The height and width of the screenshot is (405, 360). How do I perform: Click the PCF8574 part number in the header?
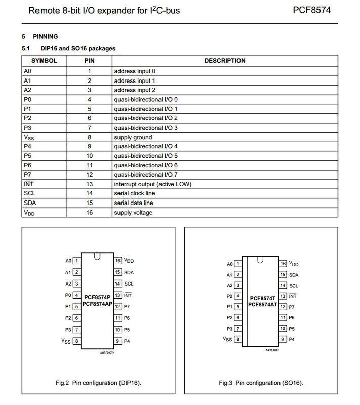point(311,10)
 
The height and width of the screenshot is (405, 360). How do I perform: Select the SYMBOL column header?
point(44,61)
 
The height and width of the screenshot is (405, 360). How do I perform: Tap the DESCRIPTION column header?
point(224,61)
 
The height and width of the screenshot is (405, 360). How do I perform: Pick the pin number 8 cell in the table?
point(89,137)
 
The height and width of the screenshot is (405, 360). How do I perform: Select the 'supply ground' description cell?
point(133,137)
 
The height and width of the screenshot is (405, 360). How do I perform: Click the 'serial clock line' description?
point(135,193)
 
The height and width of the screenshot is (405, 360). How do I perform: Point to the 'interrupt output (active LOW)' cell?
point(153,184)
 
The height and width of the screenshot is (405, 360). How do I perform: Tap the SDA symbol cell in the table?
point(30,202)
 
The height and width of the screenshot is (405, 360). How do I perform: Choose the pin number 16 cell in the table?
point(89,212)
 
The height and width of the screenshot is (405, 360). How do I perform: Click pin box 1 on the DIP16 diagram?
point(76,261)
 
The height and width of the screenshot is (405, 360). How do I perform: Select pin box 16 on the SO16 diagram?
point(283,264)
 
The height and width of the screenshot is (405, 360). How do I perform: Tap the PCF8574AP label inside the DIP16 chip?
point(98,304)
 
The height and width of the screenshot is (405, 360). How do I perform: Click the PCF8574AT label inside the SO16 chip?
point(263,305)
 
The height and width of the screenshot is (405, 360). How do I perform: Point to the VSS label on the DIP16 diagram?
point(66,341)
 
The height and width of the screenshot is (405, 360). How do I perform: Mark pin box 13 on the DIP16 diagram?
point(117,295)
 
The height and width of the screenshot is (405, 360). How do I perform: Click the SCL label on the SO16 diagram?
point(294,286)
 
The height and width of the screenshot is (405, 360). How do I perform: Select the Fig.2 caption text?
point(98,383)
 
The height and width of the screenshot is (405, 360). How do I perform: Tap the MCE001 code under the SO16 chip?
point(272,350)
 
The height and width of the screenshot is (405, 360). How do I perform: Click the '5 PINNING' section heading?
point(40,37)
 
